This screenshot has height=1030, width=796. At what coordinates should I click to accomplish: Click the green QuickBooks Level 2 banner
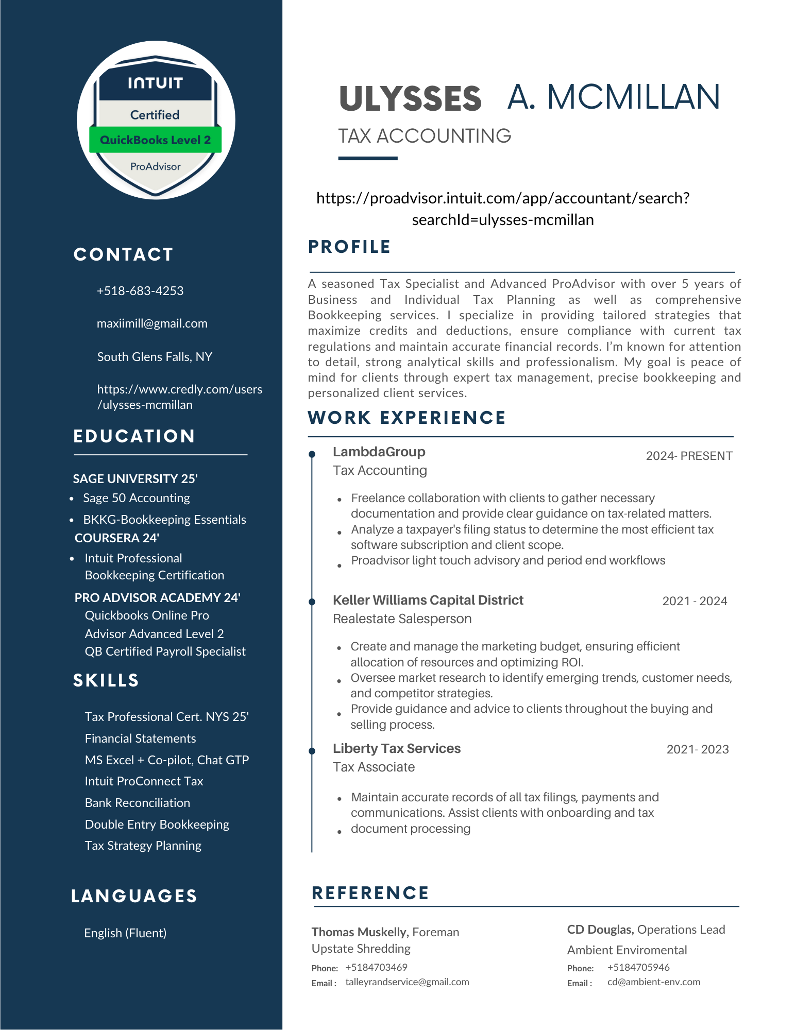click(155, 140)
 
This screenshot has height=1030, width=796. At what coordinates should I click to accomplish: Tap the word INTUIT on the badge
click(155, 83)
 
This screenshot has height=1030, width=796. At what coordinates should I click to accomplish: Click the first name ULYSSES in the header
click(410, 99)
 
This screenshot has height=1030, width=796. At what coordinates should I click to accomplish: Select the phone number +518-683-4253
click(140, 291)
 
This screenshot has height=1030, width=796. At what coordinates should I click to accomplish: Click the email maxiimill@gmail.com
click(152, 323)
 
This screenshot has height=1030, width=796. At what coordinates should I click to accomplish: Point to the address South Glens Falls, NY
click(155, 357)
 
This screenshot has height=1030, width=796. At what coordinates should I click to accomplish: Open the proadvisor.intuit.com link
click(503, 209)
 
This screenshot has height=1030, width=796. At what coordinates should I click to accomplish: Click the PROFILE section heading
click(349, 247)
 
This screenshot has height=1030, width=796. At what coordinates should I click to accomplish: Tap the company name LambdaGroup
click(379, 452)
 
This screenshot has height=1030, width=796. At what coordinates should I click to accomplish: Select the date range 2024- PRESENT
click(689, 456)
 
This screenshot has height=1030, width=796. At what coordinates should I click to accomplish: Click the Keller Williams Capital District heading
click(428, 600)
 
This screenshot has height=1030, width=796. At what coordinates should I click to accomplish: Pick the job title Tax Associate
click(374, 767)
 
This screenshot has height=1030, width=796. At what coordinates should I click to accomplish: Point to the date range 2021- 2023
click(697, 749)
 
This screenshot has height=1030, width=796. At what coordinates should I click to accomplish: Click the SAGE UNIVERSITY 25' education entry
click(135, 479)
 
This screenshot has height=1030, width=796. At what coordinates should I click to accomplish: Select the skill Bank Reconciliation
click(138, 803)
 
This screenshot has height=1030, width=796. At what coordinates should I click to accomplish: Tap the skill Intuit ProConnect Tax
click(144, 781)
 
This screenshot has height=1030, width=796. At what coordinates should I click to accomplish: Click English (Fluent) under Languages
click(125, 933)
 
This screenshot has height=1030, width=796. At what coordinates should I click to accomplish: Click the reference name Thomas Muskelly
click(360, 932)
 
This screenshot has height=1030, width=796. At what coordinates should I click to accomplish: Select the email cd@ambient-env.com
click(653, 982)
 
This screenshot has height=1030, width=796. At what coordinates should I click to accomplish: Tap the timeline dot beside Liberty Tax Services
click(312, 751)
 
